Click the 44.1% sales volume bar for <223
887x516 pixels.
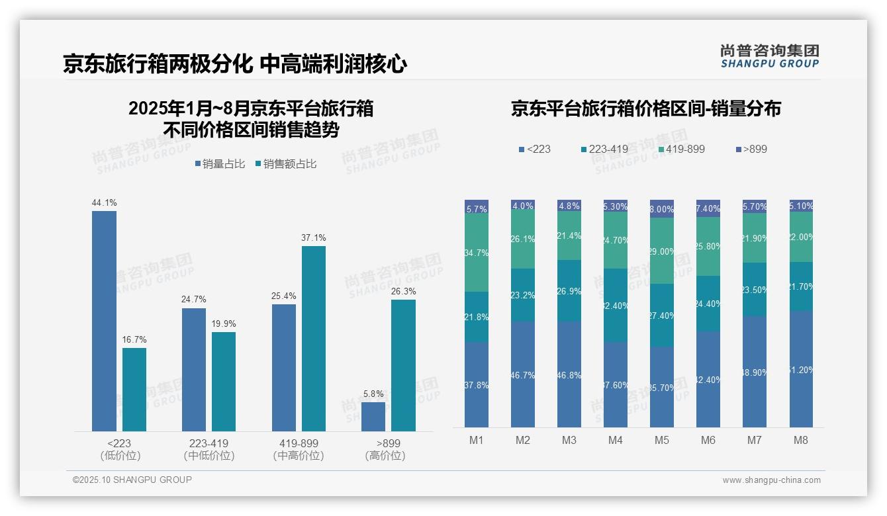[104, 321]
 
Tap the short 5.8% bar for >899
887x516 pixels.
[373, 417]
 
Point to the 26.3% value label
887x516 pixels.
[404, 292]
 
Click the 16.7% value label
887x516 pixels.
[134, 340]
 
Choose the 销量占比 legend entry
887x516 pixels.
[220, 164]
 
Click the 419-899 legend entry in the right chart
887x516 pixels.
[676, 149]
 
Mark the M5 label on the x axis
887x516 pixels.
[662, 441]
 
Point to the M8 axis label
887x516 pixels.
[801, 441]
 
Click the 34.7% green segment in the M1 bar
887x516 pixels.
[477, 253]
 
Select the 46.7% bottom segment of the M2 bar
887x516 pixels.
[523, 374]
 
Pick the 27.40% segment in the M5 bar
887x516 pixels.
[662, 316]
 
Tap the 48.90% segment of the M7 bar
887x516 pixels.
[755, 372]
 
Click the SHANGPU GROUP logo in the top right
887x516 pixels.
[769, 56]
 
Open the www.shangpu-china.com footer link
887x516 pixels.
[771, 480]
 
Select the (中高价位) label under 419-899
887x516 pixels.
[299, 456]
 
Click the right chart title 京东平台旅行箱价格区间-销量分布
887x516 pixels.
[645, 109]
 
